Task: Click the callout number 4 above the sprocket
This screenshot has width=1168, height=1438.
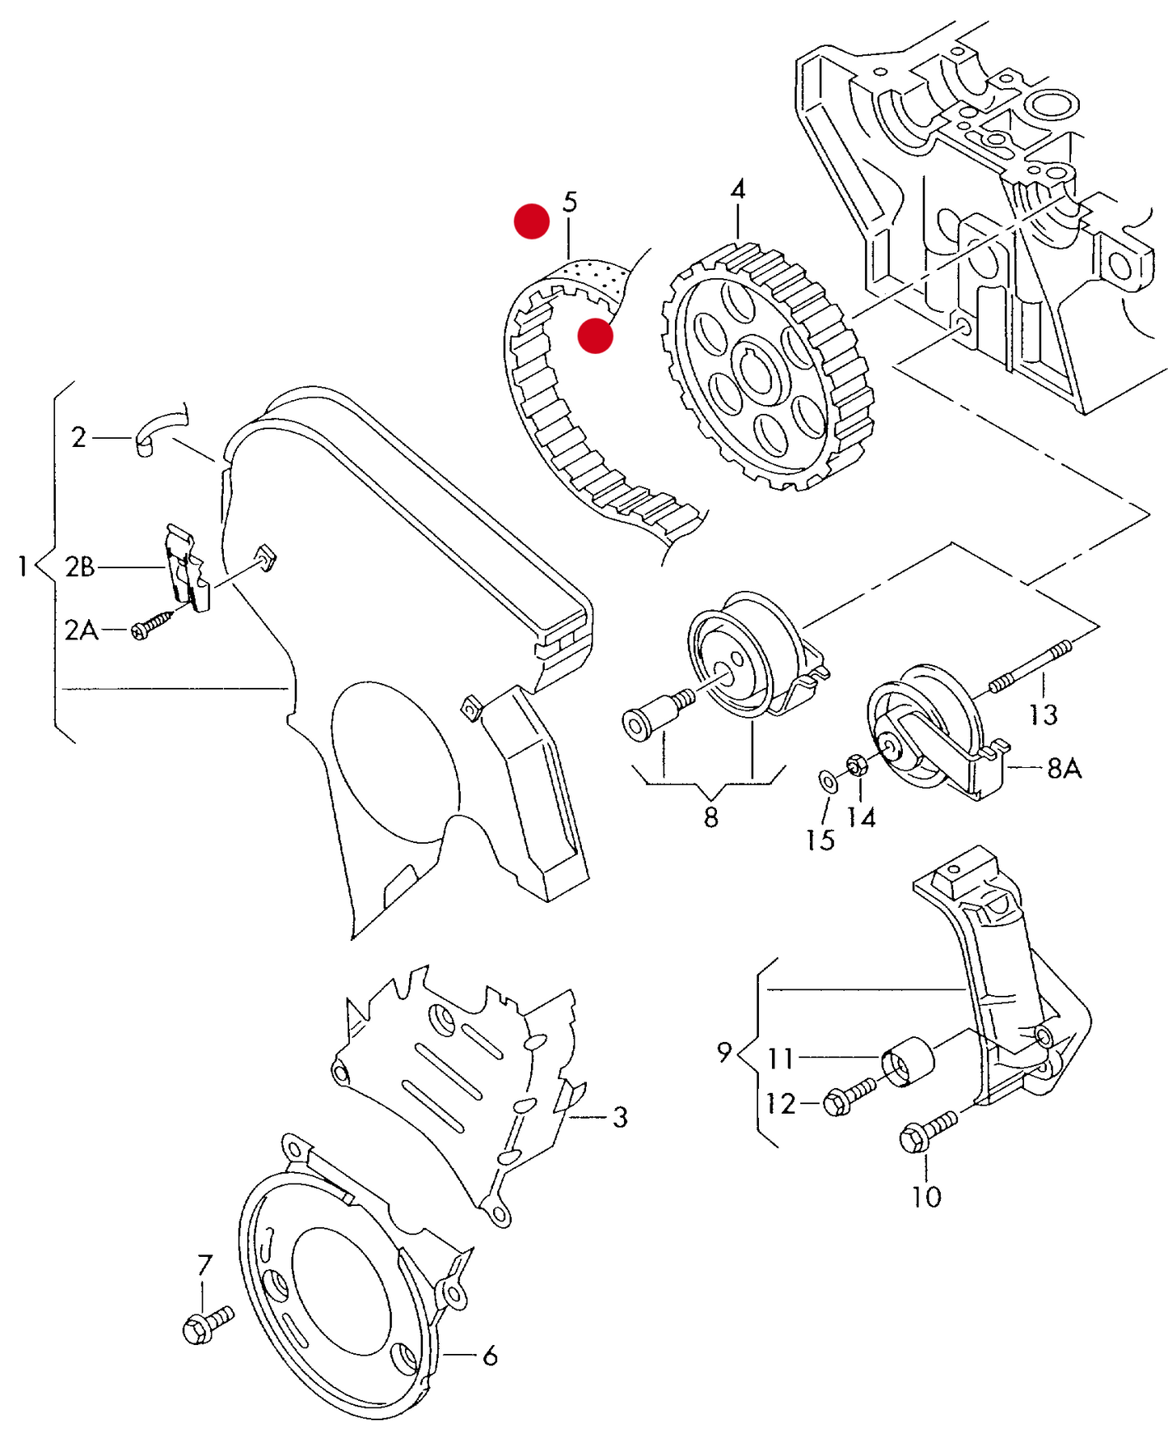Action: click(737, 190)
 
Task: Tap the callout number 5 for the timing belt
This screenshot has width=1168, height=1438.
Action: click(571, 202)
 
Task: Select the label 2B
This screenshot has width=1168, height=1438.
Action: click(80, 567)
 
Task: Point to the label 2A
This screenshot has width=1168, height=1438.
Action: click(81, 630)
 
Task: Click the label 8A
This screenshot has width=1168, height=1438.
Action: click(1064, 768)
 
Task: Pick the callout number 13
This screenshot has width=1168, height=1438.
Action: click(1043, 715)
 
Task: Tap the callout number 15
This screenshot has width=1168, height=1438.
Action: click(820, 840)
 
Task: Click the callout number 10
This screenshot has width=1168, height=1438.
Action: click(926, 1196)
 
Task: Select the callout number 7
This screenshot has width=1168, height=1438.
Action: click(205, 1264)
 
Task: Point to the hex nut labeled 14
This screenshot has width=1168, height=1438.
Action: click(858, 763)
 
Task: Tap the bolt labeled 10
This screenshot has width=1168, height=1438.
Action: click(928, 1132)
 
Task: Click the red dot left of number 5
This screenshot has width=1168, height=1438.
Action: click(532, 221)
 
